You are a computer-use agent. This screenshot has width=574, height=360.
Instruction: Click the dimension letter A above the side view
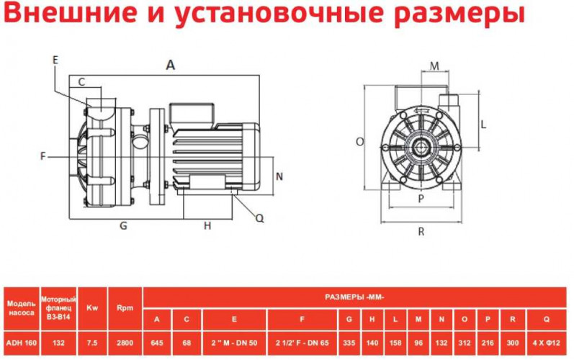(171, 65)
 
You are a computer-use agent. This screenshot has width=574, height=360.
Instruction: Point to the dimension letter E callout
(55, 60)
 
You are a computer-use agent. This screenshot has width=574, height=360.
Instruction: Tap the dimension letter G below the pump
(123, 225)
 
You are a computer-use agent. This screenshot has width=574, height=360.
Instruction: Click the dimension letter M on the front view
(434, 66)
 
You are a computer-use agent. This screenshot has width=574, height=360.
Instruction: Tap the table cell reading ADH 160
(20, 343)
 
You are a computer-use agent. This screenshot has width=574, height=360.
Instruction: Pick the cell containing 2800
(125, 343)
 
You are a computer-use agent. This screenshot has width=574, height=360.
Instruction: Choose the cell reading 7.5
(92, 343)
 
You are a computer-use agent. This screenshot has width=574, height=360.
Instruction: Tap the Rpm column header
(125, 307)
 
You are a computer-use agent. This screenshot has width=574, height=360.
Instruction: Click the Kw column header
(92, 307)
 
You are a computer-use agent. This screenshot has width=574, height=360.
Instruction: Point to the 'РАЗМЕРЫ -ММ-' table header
(355, 297)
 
